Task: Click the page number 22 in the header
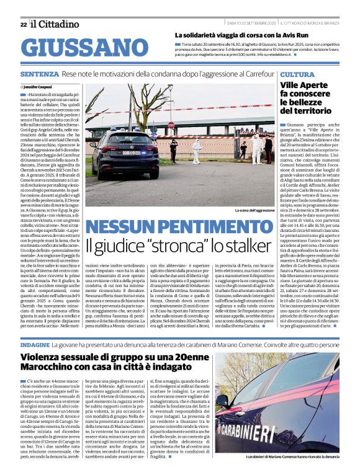pos(24,25)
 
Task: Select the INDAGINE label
pos(35,343)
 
